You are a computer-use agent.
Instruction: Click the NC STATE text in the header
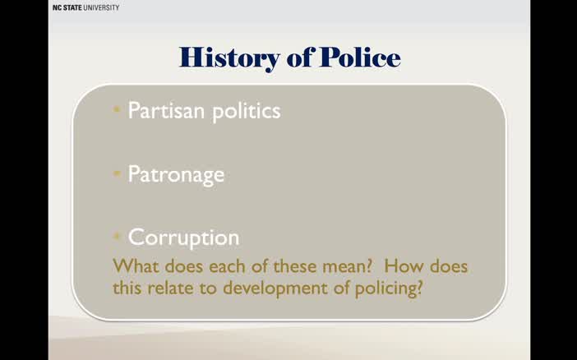[x=67, y=7]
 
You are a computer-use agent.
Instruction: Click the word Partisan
[x=164, y=110]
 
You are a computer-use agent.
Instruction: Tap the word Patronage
[x=176, y=174]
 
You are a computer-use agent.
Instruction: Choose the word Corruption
[x=183, y=238]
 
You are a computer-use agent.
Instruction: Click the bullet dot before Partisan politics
[x=118, y=110]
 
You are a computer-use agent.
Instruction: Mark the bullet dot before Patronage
[x=118, y=173]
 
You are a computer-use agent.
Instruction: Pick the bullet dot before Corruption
[x=118, y=237]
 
